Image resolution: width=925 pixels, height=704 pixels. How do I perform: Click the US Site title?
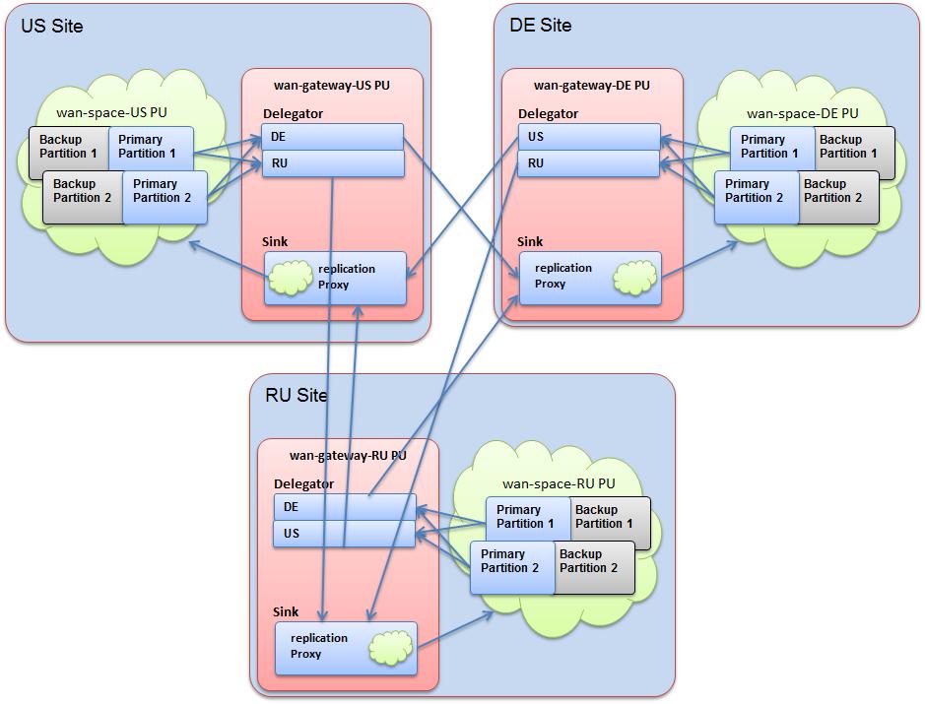coord(52,27)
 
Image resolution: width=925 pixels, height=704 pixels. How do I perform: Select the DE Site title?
coord(540,26)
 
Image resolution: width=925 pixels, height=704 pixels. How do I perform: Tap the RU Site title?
coord(297,396)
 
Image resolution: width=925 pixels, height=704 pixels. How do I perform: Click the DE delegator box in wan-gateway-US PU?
coord(333,137)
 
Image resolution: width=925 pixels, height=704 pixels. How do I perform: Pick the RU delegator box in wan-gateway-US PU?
coord(333,163)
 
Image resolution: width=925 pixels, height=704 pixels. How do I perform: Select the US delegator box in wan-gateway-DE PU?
coord(589,137)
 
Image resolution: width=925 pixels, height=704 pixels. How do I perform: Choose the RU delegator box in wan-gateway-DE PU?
coord(589,163)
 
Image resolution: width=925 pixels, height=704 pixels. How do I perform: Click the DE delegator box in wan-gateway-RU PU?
coord(344,507)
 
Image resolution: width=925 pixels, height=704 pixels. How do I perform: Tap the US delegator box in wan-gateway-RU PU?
coord(344,534)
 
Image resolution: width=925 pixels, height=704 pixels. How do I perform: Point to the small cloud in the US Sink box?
coord(289,279)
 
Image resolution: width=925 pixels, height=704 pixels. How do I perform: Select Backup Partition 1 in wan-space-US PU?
coord(68,147)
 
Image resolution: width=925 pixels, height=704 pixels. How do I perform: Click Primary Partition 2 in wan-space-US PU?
coord(164,191)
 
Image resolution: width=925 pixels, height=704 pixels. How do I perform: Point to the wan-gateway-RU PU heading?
coord(348,456)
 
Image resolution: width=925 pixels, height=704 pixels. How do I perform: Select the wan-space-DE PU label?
coord(802,113)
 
